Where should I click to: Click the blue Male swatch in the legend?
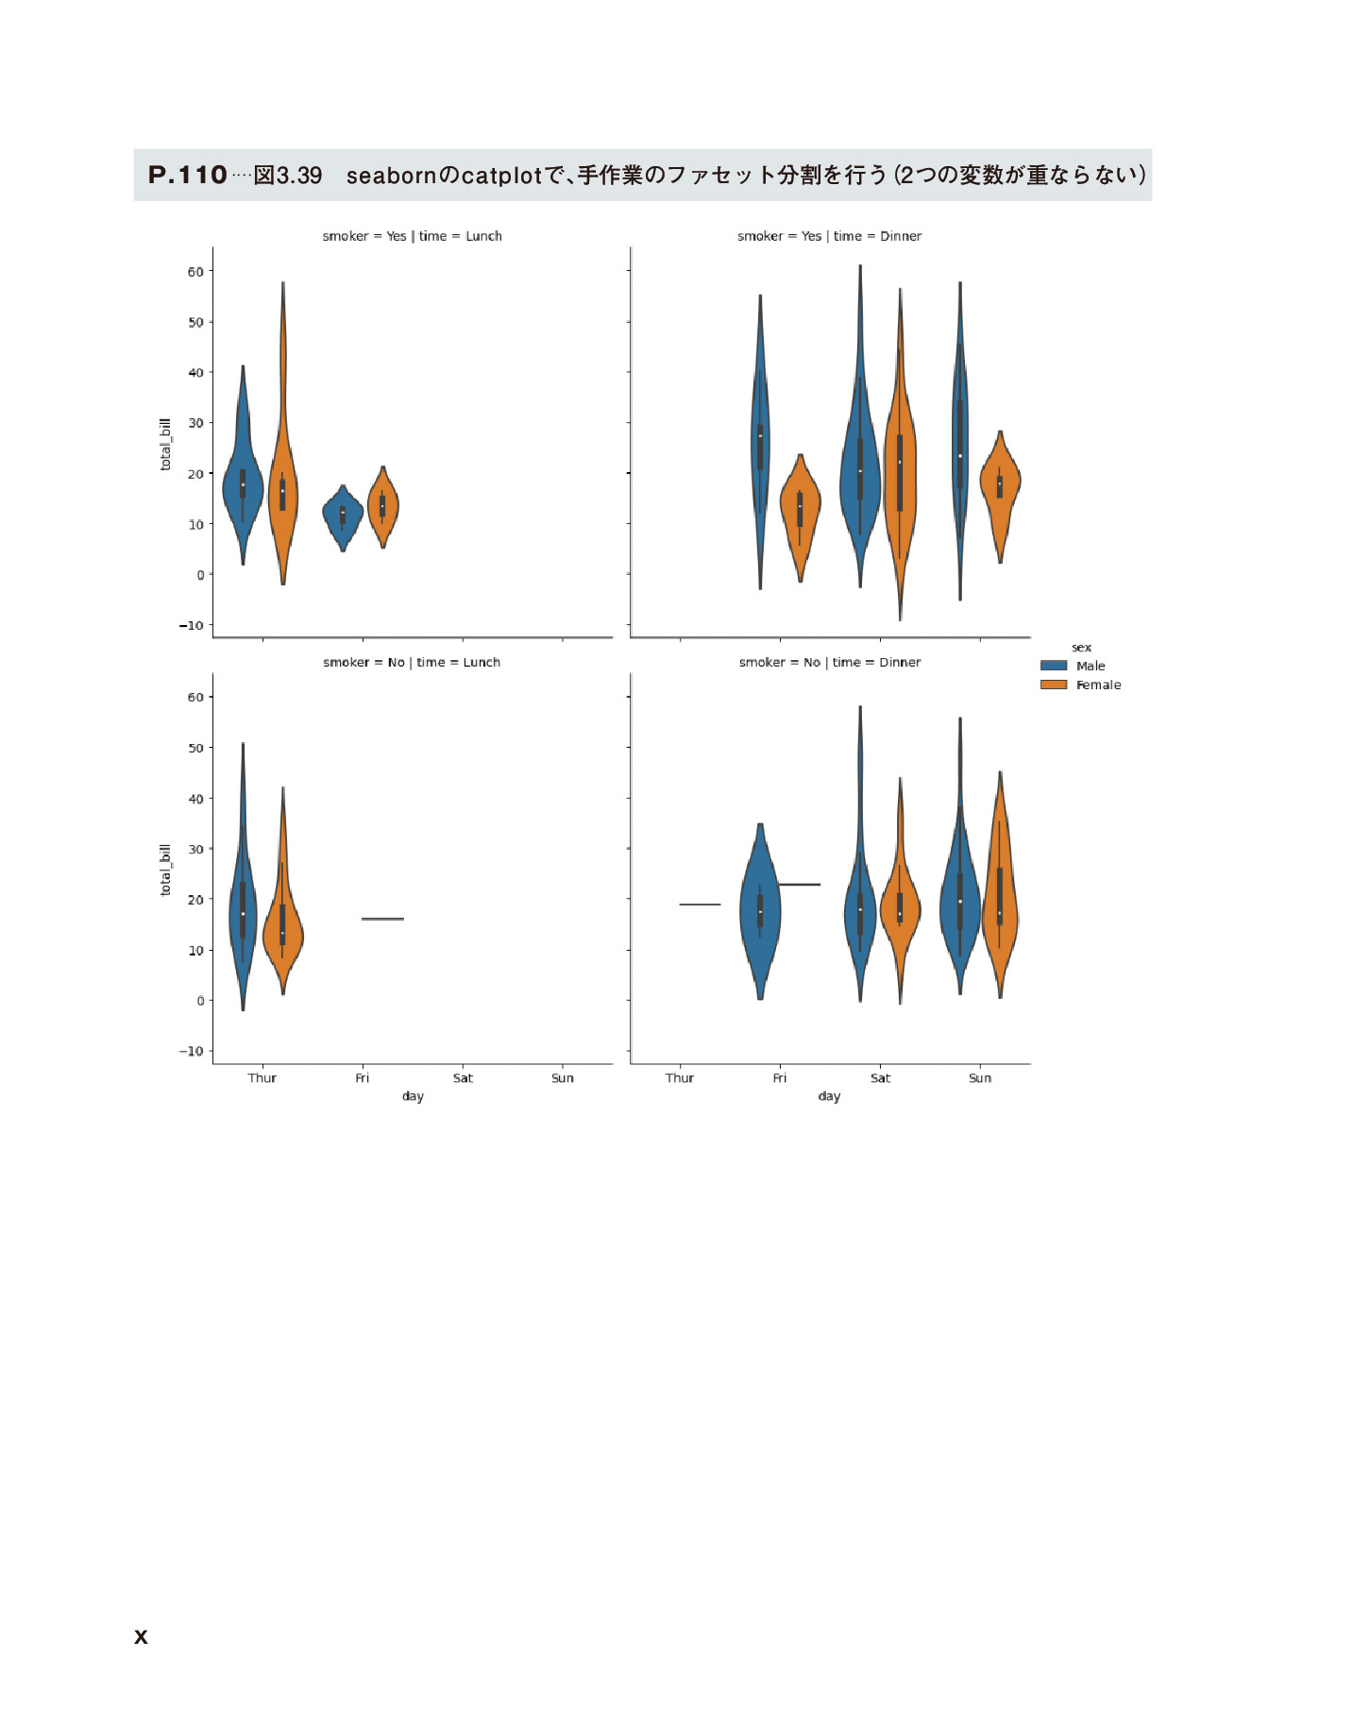[1053, 666]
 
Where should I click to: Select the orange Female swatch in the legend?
[1053, 685]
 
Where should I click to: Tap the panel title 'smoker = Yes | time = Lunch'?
[412, 236]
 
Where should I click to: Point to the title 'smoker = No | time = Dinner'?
[829, 662]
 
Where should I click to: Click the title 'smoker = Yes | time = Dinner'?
[829, 236]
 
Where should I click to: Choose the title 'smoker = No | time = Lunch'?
[412, 662]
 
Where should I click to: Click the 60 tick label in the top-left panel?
[195, 272]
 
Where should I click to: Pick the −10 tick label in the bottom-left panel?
[191, 1051]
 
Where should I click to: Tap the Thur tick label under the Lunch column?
[262, 1078]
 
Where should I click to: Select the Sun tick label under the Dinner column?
[980, 1078]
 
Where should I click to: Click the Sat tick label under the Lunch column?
[463, 1078]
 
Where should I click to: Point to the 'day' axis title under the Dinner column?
[829, 1096]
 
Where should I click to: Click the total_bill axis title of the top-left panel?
[166, 444]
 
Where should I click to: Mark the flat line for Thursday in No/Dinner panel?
[700, 905]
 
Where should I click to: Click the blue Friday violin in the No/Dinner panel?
[760, 911]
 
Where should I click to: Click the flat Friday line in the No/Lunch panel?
[382, 919]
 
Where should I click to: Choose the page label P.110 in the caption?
[188, 175]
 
